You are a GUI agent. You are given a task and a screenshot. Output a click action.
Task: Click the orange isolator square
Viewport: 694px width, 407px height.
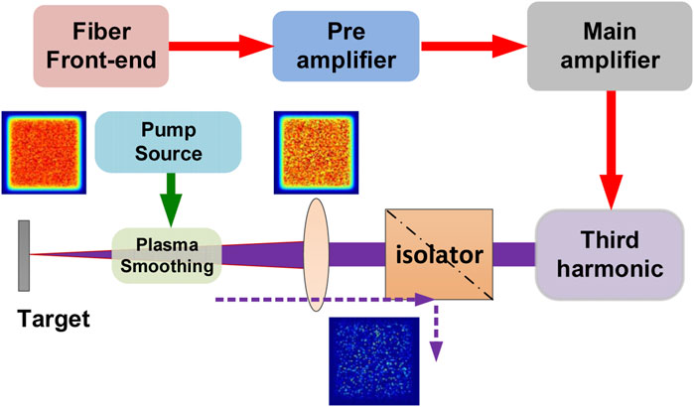[438, 253]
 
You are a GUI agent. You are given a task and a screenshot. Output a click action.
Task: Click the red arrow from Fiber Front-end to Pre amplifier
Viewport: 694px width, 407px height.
[217, 45]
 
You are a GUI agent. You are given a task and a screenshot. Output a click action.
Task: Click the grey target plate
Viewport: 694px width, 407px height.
[23, 255]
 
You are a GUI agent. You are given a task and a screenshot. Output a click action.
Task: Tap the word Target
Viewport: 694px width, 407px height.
[50, 321]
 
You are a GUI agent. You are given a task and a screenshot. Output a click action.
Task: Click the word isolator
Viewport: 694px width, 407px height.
[437, 255]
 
